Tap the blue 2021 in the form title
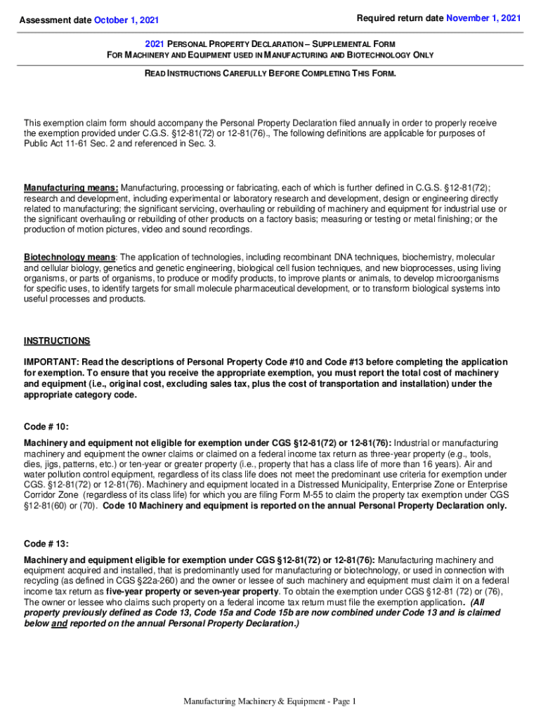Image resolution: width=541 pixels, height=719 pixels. (x=155, y=43)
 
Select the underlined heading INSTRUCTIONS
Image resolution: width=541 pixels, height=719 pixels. (x=57, y=341)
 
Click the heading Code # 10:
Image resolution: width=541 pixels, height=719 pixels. (x=46, y=426)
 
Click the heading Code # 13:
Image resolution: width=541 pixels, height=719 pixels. (x=46, y=543)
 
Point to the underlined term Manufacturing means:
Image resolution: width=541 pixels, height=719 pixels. (x=71, y=188)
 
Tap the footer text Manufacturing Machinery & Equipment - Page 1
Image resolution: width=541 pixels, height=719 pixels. (x=270, y=702)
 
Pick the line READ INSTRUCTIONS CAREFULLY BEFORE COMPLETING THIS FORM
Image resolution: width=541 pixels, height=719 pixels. (x=270, y=74)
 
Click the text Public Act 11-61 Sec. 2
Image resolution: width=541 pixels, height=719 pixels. (x=77, y=144)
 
